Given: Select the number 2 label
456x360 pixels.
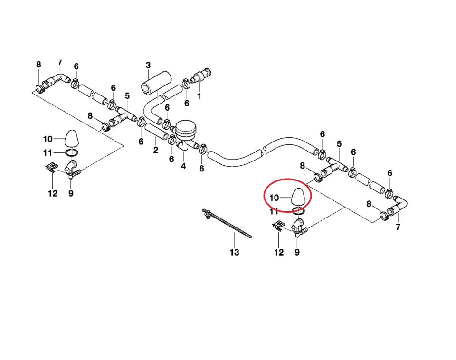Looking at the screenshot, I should click(155, 151).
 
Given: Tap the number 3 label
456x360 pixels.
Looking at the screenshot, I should click(148, 65).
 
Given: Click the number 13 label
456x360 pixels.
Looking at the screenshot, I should click(235, 252).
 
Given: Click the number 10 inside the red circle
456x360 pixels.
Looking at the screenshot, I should click(275, 197).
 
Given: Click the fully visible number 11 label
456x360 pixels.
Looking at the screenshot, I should click(47, 152).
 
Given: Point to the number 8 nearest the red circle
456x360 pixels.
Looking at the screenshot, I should click(302, 165).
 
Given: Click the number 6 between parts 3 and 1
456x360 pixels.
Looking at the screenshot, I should click(187, 103).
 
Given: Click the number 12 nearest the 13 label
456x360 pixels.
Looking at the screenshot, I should click(279, 252).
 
